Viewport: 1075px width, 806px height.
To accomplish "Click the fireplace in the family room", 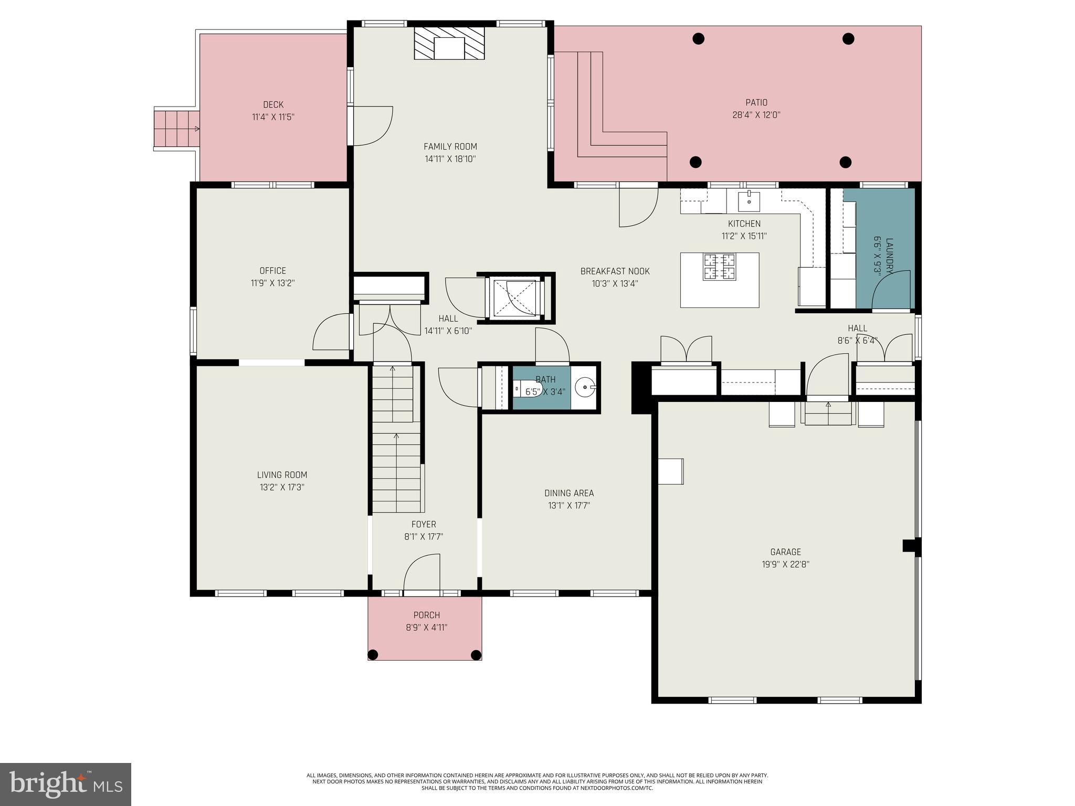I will click(x=449, y=44).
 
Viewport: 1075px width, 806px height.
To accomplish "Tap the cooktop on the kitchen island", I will click(x=720, y=266).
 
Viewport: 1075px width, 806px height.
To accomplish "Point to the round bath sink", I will click(x=584, y=388).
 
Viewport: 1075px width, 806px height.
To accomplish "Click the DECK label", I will click(x=273, y=105).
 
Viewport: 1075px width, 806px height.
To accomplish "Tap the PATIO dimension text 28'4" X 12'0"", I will click(x=756, y=115).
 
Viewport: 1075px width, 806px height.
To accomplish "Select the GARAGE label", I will click(x=785, y=552).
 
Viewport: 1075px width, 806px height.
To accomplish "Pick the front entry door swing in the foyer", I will click(x=421, y=573).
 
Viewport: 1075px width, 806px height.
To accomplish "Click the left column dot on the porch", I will click(x=373, y=654).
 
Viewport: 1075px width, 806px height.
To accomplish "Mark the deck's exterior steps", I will click(x=176, y=129).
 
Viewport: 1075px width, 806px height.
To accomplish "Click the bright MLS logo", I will click(x=66, y=784).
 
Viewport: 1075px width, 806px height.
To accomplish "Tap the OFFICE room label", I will click(x=272, y=271).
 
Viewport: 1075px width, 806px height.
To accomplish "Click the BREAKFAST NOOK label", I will click(x=615, y=271).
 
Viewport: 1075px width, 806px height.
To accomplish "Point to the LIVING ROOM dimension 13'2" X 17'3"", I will click(x=282, y=487).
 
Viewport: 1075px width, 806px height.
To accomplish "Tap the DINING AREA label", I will click(x=569, y=493).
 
